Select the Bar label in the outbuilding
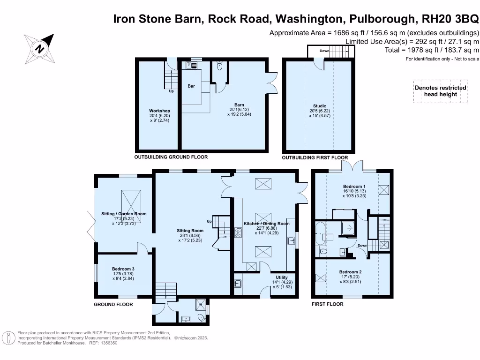coord(191,86)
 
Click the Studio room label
coord(320,106)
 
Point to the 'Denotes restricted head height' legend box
coord(440,91)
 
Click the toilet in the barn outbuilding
coord(219,67)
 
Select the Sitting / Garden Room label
coord(124,214)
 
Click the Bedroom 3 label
coord(123,269)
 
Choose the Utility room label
coord(282,277)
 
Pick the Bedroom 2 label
coord(351,272)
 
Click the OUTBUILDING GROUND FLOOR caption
coord(171,157)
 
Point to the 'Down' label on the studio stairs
coord(324,51)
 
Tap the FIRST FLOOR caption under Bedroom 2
coord(328,304)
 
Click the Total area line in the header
coord(432,50)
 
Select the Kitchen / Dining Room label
coord(267,224)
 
